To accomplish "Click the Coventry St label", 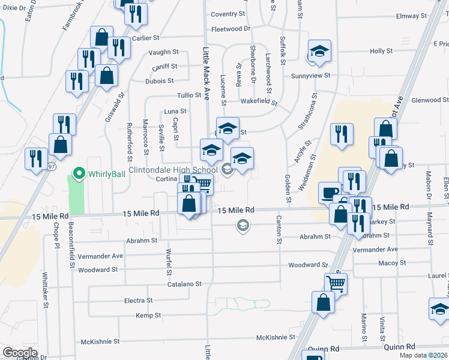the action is [228, 14].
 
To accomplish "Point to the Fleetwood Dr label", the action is [231, 29].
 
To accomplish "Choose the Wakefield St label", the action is [259, 102].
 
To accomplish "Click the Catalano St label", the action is [184, 284].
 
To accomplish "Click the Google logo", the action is [19, 352].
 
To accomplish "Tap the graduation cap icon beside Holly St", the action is [320, 52].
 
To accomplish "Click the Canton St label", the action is [279, 230].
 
